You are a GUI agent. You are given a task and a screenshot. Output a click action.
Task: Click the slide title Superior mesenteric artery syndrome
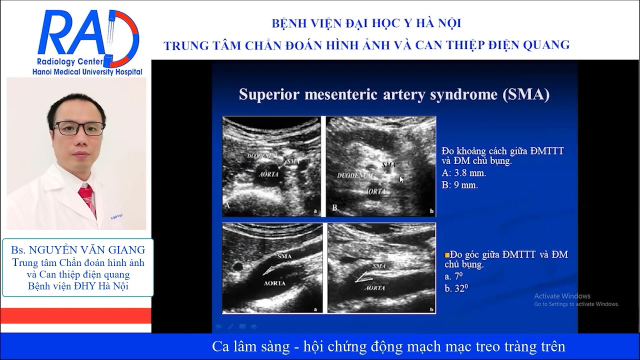(394, 94)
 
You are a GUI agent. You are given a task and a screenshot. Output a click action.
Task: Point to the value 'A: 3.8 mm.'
(464, 173)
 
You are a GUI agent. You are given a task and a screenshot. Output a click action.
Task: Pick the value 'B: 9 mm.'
(460, 184)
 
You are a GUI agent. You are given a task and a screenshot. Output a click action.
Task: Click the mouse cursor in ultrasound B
(401, 179)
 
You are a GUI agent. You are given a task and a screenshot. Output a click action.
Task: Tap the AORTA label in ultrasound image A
(266, 175)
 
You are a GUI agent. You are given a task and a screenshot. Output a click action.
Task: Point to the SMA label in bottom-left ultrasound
(283, 256)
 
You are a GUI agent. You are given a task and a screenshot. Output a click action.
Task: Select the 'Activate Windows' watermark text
(562, 296)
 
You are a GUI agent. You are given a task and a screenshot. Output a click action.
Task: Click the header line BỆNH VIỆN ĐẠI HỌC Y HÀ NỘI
(366, 23)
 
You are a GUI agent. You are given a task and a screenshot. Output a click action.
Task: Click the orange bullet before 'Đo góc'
(447, 254)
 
